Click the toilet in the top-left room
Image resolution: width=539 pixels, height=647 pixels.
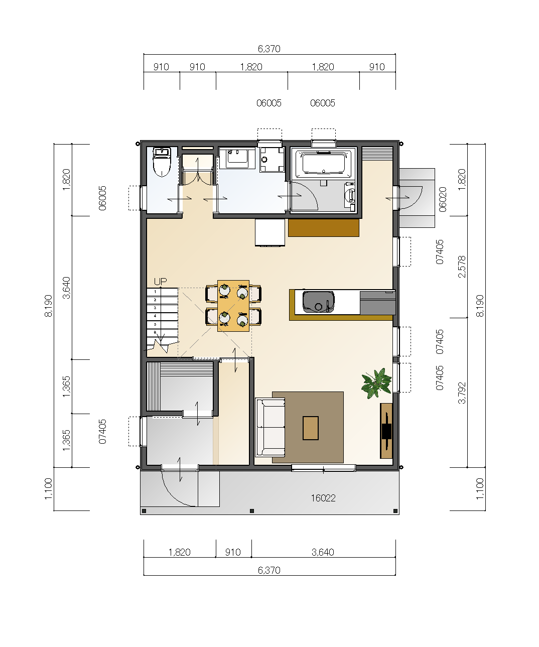click(x=162, y=162)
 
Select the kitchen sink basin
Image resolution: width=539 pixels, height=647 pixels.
click(x=318, y=302)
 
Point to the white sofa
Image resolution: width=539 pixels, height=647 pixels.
click(x=270, y=427)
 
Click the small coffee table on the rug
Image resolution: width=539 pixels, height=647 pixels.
click(x=310, y=428)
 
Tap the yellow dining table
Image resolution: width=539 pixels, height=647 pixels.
click(x=233, y=306)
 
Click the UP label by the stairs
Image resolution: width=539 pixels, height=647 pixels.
click(x=160, y=282)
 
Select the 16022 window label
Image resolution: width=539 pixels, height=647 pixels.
click(x=323, y=498)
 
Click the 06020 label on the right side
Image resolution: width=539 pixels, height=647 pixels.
click(x=443, y=200)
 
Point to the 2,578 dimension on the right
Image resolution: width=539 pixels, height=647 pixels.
click(x=462, y=267)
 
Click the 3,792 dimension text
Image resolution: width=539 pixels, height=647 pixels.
click(x=462, y=393)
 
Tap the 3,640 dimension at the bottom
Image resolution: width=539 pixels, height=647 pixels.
click(x=323, y=552)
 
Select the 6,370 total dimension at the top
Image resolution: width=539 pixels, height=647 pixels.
click(x=269, y=49)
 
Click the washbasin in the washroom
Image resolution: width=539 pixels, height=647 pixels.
click(x=237, y=158)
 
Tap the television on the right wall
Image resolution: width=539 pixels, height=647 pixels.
click(x=386, y=431)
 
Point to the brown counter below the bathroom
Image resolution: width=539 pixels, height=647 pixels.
click(x=323, y=228)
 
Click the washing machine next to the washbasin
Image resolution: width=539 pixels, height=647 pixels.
click(x=272, y=159)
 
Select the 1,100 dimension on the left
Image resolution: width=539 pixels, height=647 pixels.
click(x=48, y=489)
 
